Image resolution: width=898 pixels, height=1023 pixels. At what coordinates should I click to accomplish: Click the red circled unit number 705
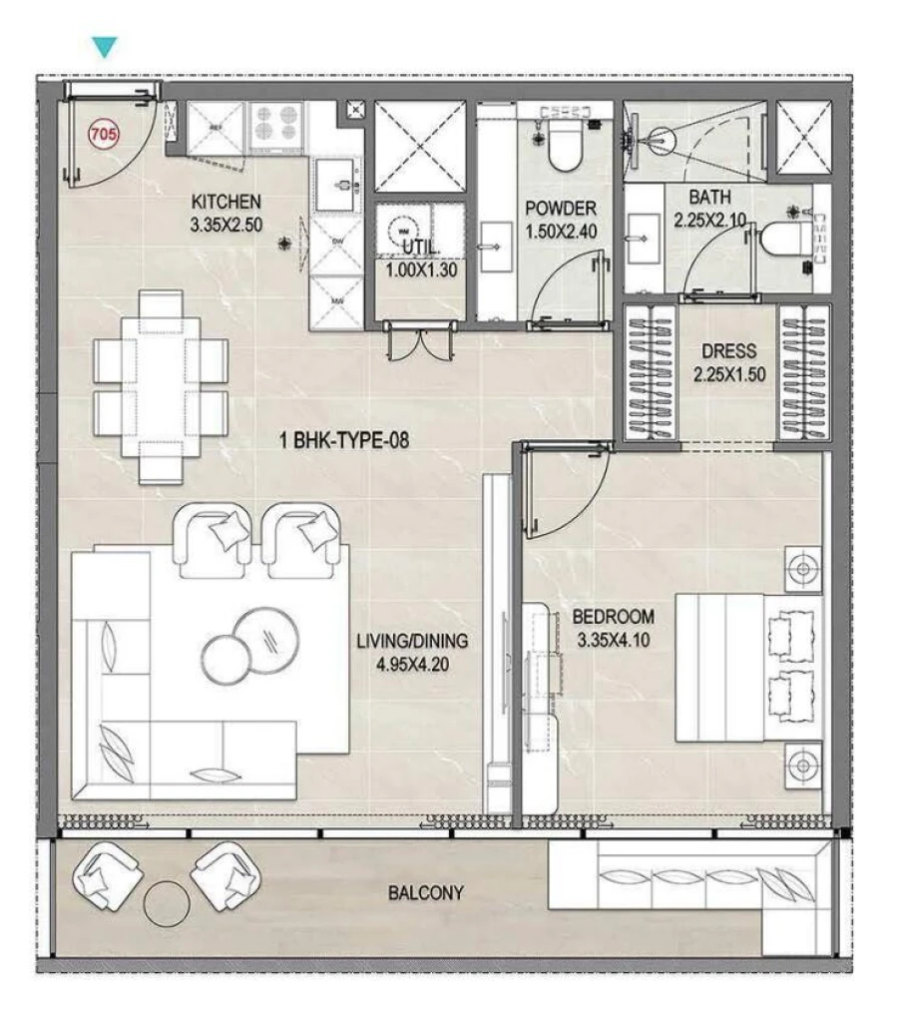tap(101, 132)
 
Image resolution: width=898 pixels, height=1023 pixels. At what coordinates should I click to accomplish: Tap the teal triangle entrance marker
tap(104, 47)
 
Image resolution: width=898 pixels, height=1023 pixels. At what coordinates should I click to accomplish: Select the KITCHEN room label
tap(226, 202)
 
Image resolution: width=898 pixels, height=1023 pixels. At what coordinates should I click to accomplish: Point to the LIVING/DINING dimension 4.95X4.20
tap(412, 661)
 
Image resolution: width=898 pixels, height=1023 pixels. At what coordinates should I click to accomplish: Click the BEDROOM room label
tap(613, 616)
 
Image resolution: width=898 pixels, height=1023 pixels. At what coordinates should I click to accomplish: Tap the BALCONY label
tap(426, 892)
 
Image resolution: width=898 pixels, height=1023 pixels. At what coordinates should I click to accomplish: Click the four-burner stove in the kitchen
tap(278, 127)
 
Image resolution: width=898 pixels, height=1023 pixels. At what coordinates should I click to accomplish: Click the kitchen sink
tap(338, 185)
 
